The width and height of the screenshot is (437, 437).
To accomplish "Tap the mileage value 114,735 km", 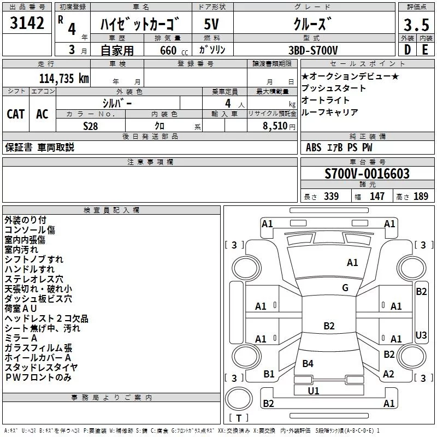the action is click(64, 78).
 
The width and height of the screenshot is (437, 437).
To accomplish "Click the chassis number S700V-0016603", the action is click(367, 174).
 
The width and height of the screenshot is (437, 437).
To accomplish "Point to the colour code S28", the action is click(90, 125).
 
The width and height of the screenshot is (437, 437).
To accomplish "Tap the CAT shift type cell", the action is click(15, 114).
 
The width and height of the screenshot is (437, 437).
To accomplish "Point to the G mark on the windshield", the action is click(345, 288).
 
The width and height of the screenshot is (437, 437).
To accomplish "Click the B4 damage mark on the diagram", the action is click(308, 363).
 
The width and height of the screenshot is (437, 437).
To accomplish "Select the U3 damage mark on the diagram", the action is click(421, 335).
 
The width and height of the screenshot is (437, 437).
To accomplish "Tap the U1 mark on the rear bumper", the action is click(314, 391).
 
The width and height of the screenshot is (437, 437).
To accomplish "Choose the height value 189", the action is click(421, 197).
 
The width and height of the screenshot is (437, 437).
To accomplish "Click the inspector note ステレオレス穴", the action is click(34, 279).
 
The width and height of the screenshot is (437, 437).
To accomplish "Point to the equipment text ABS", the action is click(314, 147).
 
